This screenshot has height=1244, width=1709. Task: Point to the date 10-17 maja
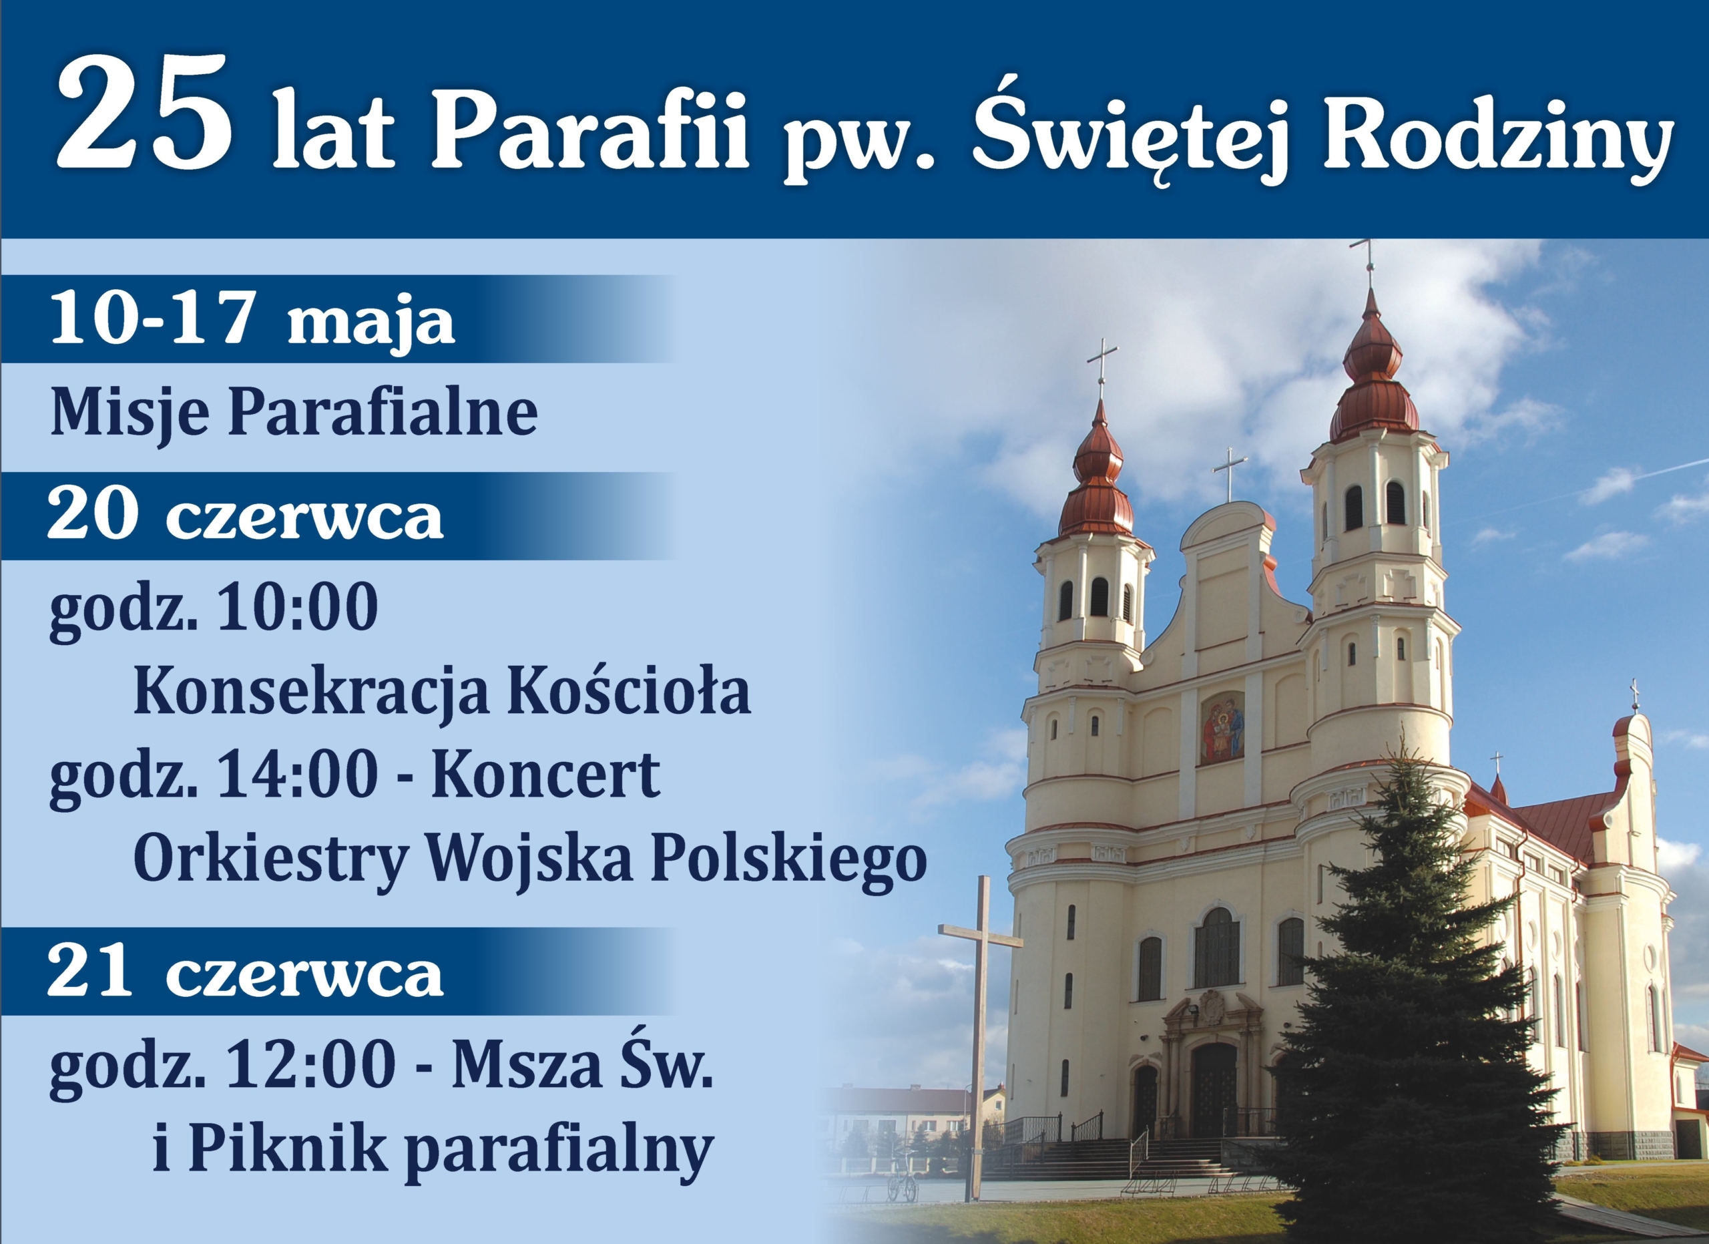[252, 323]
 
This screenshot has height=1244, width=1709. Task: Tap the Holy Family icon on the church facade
[1222, 728]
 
